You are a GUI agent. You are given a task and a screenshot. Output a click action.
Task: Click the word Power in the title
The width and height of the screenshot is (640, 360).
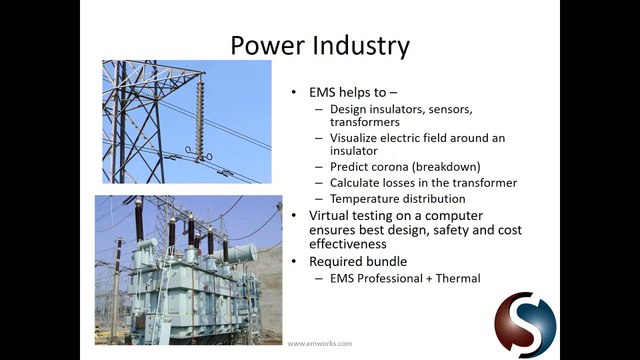[266, 45]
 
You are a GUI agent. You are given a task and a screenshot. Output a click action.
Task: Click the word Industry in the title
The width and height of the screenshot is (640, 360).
[359, 46]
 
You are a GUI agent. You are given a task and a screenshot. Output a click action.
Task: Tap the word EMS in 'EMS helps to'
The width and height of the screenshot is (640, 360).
[322, 92]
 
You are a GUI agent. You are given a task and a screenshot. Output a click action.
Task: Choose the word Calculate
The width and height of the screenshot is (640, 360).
[354, 182]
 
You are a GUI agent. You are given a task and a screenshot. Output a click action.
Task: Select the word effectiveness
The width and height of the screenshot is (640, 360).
[348, 244]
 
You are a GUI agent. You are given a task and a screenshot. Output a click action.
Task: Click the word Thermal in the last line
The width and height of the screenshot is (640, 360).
[458, 278]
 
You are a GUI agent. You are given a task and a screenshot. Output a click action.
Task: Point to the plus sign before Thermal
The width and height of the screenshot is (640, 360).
[429, 279]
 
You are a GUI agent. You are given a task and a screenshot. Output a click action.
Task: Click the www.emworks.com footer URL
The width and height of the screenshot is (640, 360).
[320, 344]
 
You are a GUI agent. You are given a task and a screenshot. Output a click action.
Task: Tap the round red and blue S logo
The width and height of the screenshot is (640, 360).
[525, 322]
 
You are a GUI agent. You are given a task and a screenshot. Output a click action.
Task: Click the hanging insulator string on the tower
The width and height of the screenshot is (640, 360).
[200, 117]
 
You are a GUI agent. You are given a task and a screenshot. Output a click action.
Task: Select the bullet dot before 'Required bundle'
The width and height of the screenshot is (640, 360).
[293, 262]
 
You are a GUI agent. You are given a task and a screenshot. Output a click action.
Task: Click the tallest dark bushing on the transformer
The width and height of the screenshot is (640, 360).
[139, 220]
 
